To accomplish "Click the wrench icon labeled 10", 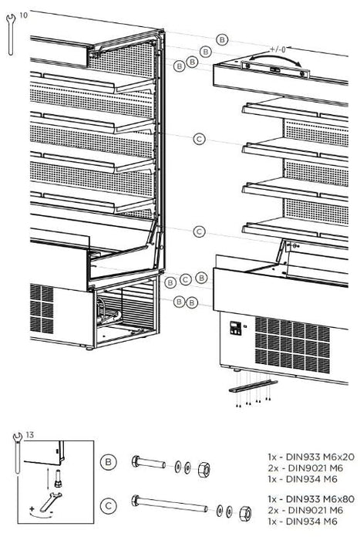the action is tap(11, 35).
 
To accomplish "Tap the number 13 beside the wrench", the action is tap(30, 435).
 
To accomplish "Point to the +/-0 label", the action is tap(278, 49).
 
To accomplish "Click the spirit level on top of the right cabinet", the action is tap(274, 70).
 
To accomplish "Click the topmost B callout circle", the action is tap(222, 39).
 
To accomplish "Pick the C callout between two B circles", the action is tap(186, 279).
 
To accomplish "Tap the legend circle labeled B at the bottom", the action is tap(108, 462).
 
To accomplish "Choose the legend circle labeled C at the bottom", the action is tap(108, 506).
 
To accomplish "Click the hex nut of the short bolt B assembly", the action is tap(204, 470).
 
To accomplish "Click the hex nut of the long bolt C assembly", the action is tap(244, 513).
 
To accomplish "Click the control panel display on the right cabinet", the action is tap(235, 328).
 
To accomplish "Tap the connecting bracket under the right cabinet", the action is tap(253, 386).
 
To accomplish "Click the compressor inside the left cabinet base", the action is tap(109, 312).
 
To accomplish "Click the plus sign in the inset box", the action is tap(32, 508).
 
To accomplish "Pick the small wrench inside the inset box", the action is tap(50, 501).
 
